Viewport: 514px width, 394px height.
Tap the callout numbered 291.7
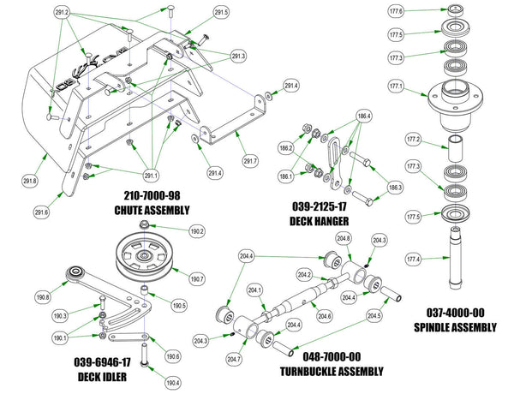[x=250, y=161]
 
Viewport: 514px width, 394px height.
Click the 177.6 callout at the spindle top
[x=419, y=10]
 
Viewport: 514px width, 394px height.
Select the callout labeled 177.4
[x=412, y=259]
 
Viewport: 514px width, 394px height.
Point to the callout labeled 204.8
[x=344, y=239]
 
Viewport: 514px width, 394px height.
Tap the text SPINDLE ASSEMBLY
[x=461, y=327]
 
